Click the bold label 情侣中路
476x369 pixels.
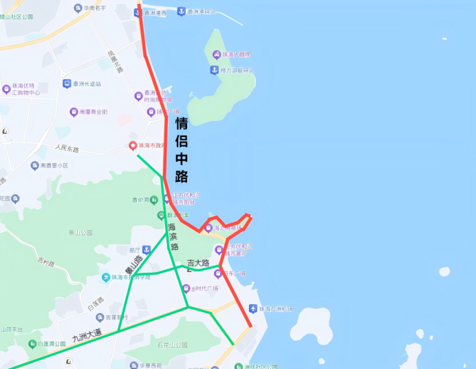[x=182, y=150]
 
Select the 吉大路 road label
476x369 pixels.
[x=197, y=262]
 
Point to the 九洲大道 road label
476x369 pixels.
[x=87, y=336]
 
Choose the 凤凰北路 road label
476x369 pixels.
[x=115, y=61]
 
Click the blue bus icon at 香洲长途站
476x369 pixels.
[x=67, y=84]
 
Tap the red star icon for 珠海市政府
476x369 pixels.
[x=133, y=146]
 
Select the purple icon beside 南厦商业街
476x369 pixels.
[x=74, y=112]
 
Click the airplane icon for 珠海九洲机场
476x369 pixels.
[x=253, y=308]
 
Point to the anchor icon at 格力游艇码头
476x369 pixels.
[x=214, y=70]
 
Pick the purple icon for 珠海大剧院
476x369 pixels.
[x=216, y=55]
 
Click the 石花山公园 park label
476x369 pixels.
[x=171, y=345]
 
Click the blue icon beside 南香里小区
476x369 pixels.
[x=34, y=165]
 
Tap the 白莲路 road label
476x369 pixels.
[x=95, y=301]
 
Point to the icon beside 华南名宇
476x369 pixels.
[x=78, y=8]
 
